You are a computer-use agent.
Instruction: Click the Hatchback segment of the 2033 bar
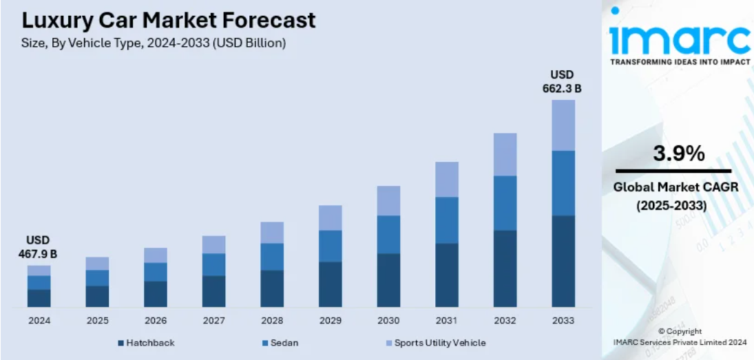[563, 261]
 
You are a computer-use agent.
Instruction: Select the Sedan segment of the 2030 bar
[388, 235]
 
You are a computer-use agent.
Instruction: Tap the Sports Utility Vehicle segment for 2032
[505, 154]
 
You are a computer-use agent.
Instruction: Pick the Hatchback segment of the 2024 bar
[39, 298]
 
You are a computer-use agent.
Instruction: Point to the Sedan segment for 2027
[213, 264]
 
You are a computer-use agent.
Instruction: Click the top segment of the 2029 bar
[331, 218]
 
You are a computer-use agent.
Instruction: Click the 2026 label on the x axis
[156, 321]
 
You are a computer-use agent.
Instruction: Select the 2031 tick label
[447, 321]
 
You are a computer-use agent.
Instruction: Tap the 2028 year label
[272, 321]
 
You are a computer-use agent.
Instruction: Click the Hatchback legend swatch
[121, 343]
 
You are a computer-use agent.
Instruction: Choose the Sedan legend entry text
[284, 343]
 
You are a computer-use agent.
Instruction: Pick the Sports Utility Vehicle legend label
[440, 343]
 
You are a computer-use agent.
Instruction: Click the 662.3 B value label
[562, 88]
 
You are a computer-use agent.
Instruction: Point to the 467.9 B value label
[37, 254]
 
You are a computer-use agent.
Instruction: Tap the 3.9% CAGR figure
[678, 153]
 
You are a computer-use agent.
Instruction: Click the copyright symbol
[662, 331]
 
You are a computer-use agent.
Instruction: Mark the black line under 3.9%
[673, 171]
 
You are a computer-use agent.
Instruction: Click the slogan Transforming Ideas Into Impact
[680, 62]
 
